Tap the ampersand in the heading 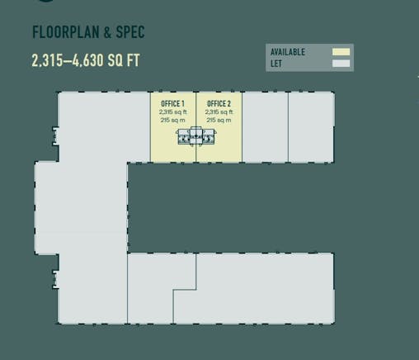click(109, 33)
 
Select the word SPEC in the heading click(131, 33)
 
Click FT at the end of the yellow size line click(131, 62)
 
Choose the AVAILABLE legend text click(288, 52)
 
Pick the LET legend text click(276, 62)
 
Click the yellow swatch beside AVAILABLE click(341, 52)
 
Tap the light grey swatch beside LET click(341, 63)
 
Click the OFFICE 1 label click(172, 104)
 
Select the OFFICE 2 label click(219, 104)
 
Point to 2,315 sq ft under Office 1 click(172, 112)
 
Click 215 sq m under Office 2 click(219, 121)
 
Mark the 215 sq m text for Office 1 click(172, 121)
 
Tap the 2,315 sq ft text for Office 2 click(219, 112)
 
